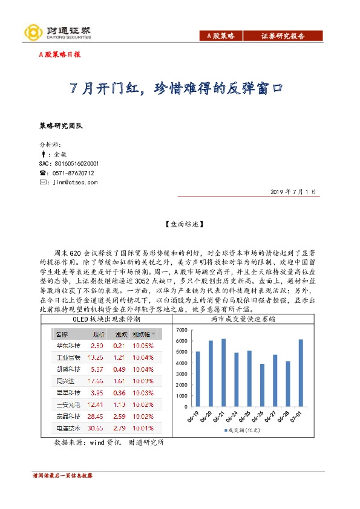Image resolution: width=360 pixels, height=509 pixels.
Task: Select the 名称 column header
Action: point(62,334)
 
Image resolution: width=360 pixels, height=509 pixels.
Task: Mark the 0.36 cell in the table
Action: point(120,393)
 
